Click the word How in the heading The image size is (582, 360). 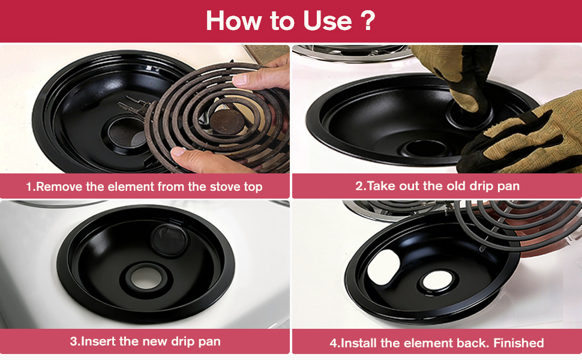[234, 20]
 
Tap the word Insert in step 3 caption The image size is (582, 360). [98, 341]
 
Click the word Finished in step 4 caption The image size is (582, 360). [518, 343]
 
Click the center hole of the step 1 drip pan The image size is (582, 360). [126, 133]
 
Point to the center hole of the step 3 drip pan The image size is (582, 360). [145, 278]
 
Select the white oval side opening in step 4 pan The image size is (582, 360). [383, 267]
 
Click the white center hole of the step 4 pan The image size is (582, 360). [438, 280]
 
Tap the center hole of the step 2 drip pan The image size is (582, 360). [425, 148]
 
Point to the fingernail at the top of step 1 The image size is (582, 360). [240, 79]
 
